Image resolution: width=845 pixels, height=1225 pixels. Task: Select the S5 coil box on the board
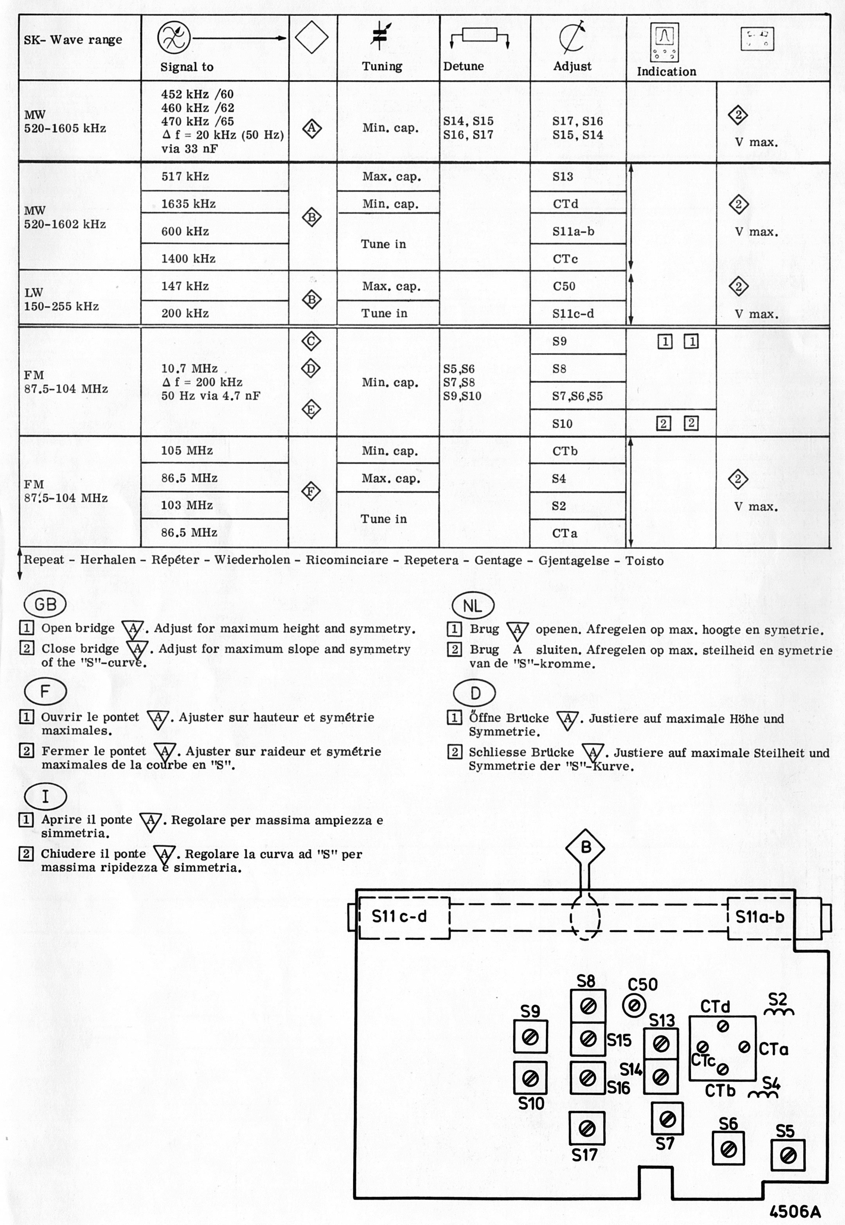click(x=788, y=1155)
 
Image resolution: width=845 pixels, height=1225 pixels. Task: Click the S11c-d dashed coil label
click(x=399, y=917)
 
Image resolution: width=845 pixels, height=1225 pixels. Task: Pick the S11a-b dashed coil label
click(x=760, y=917)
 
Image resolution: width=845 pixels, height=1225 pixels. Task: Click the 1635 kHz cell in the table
click(x=189, y=204)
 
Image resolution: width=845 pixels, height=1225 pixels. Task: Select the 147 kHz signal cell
click(x=185, y=286)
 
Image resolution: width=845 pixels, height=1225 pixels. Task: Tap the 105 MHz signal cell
click(x=187, y=451)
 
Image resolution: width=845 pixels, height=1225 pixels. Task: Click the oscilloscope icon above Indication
click(x=664, y=41)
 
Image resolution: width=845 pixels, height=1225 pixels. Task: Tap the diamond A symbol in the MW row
click(x=312, y=128)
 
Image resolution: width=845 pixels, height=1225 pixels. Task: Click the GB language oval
click(x=45, y=604)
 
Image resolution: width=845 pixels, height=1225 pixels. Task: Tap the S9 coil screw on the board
click(x=530, y=1037)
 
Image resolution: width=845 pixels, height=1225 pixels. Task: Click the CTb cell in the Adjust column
click(x=565, y=451)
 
